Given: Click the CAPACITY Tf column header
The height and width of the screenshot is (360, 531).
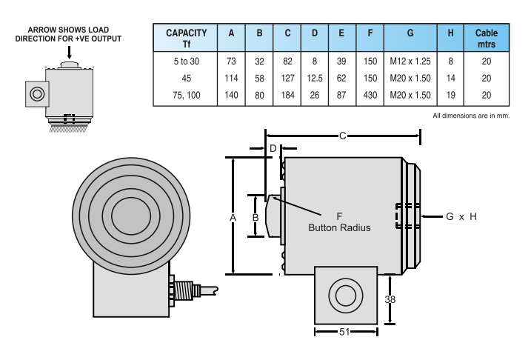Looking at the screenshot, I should point(186,38).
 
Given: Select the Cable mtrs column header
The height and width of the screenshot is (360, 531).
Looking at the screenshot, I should point(486,38).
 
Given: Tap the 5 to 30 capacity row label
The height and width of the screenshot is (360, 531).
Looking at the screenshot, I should point(186,61).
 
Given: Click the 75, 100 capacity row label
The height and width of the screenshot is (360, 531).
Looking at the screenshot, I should point(186,95).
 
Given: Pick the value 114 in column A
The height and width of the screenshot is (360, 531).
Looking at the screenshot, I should point(231,78).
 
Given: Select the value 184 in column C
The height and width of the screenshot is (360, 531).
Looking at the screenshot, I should point(287,95).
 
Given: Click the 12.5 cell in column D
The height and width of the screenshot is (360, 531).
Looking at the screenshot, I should point(314,78).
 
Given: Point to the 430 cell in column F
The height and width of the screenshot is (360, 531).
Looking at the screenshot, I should point(370,95).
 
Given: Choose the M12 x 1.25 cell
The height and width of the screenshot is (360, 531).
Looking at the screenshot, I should point(410,61).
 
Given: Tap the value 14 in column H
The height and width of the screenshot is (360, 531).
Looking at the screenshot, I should point(450,78).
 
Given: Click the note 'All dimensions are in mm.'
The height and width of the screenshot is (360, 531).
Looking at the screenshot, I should point(471,116).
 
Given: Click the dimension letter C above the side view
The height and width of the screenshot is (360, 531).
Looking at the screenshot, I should point(343,136).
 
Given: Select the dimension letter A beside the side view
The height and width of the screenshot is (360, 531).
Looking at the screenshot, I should point(233,217).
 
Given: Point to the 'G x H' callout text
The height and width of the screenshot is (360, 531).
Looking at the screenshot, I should point(461,216).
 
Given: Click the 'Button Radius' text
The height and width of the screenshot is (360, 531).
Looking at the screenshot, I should point(339,228).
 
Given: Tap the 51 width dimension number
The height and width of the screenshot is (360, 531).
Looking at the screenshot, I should point(344,333).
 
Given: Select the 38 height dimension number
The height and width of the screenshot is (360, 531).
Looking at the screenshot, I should point(390,299).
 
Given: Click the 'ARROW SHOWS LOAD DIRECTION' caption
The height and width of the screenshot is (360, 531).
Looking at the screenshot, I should point(68,34).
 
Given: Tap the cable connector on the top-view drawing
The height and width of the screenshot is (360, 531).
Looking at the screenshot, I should point(188,289).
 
